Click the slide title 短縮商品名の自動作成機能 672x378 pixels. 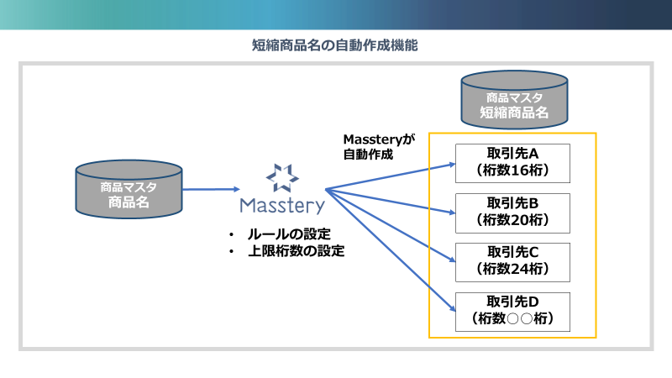tap(335, 46)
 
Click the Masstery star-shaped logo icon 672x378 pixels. tap(281, 177)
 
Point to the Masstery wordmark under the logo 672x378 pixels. tap(281, 205)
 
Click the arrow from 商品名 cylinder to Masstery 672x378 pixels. tap(210, 190)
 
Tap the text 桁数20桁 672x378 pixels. tap(512, 221)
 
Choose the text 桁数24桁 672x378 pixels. tap(512, 270)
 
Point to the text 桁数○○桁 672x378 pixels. tap(512, 318)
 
